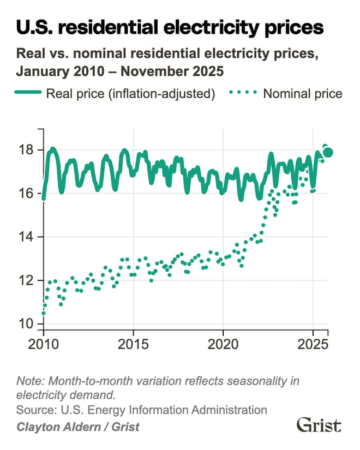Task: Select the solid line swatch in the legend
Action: (28, 94)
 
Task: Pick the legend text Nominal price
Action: (303, 94)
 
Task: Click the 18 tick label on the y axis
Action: (27, 150)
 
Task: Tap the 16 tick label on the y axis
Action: (27, 194)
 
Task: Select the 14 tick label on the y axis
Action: (27, 237)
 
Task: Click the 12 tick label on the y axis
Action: (27, 280)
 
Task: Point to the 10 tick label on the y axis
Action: (27, 324)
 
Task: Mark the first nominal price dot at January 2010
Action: (44, 313)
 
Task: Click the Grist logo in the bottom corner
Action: (319, 425)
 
